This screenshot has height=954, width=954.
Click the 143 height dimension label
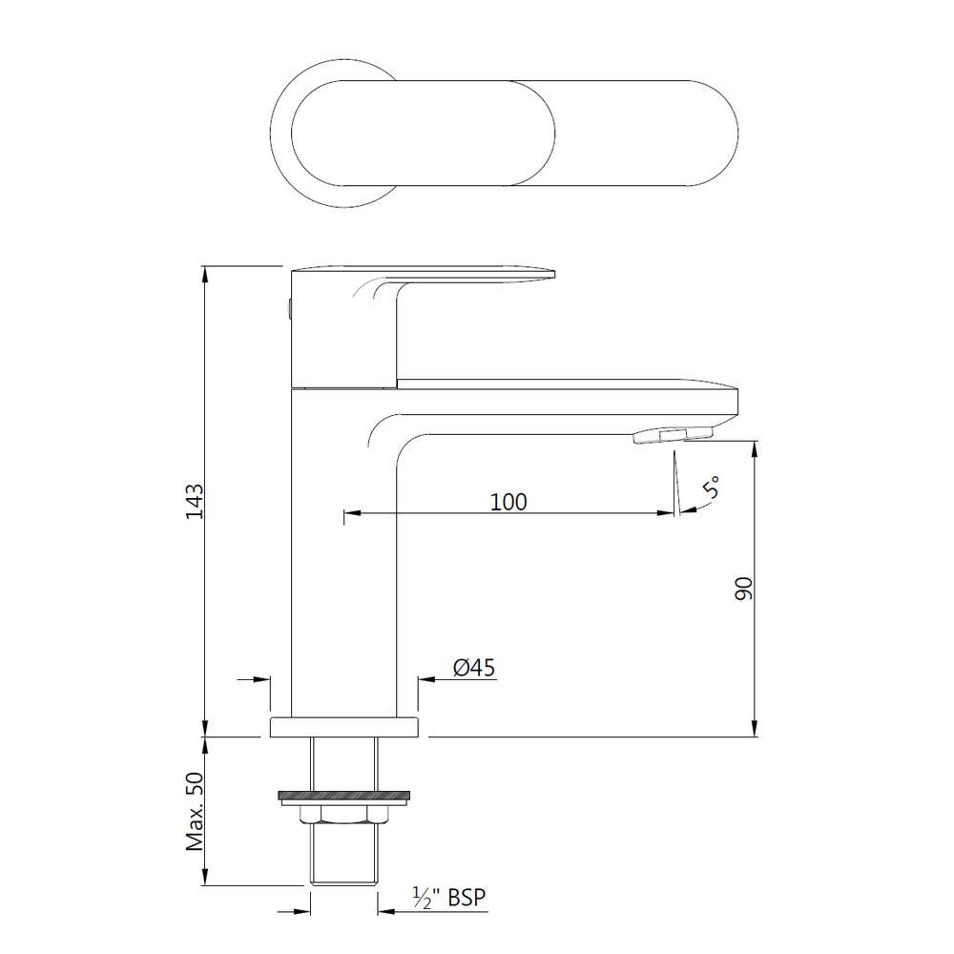point(194,501)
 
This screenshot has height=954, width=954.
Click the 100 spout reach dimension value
point(508,501)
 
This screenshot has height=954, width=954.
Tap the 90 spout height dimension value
point(744,588)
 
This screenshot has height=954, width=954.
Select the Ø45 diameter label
point(474,669)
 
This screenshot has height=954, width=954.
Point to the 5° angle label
point(711,489)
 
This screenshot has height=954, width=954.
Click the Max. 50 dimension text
point(195,811)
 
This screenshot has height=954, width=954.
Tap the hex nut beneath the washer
point(344,814)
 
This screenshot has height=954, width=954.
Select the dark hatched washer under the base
point(344,794)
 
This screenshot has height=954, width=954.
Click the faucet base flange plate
point(344,727)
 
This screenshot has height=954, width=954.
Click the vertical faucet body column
point(343,572)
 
